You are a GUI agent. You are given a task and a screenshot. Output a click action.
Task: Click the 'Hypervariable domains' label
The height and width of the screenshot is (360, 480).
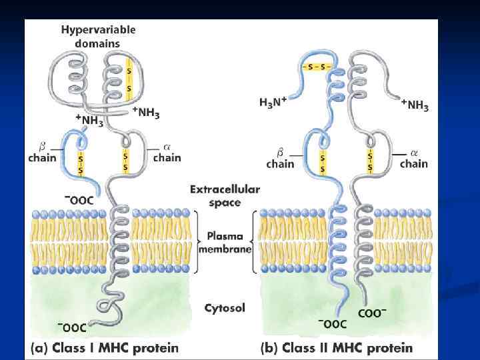tap(99, 36)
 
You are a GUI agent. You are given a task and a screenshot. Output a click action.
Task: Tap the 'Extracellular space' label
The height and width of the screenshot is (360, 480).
tap(224, 195)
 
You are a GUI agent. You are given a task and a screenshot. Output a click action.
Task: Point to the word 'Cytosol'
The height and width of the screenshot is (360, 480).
tap(225, 308)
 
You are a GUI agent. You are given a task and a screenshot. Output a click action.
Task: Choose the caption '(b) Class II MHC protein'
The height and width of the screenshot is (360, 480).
tap(336, 347)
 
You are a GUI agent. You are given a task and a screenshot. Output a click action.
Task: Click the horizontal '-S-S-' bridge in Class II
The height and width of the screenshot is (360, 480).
tap(318, 67)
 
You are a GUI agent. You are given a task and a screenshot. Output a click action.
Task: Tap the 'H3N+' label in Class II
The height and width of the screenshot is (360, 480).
tap(273, 102)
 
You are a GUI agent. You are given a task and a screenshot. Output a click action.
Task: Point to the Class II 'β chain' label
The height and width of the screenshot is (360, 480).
tap(280, 158)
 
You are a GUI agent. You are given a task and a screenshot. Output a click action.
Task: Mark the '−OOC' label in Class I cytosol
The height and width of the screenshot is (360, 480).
tap(72, 327)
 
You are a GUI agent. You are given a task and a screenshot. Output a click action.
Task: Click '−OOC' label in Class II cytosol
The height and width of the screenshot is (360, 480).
tap(332, 325)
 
